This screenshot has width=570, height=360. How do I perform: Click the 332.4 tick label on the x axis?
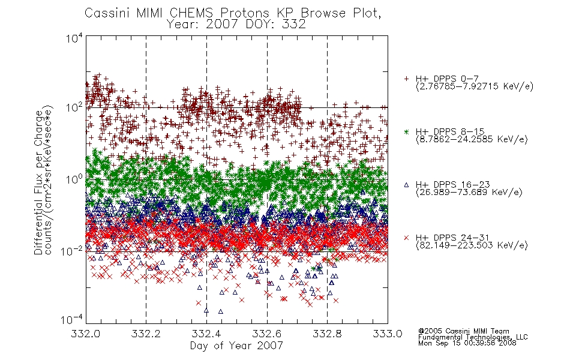pyautogui.click(x=206, y=334)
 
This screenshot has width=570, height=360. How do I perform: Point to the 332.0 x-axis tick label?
pyautogui.click(x=85, y=334)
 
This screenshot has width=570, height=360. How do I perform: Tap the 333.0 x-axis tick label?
pyautogui.click(x=388, y=334)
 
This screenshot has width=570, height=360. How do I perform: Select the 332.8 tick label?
pyautogui.click(x=327, y=334)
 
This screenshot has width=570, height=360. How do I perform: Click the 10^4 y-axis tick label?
pyautogui.click(x=74, y=38)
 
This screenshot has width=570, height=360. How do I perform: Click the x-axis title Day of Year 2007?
pyautogui.click(x=236, y=346)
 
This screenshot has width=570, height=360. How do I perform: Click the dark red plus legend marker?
pyautogui.click(x=406, y=78)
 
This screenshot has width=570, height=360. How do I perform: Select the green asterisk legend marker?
pyautogui.click(x=406, y=131)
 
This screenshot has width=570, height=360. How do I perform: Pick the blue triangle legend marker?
pyautogui.click(x=406, y=185)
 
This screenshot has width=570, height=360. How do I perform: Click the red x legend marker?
pyautogui.click(x=406, y=238)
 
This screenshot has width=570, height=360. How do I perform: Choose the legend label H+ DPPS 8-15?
pyautogui.click(x=450, y=131)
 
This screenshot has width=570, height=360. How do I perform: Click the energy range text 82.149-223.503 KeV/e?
pyautogui.click(x=472, y=245)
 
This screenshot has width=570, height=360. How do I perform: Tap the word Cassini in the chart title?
pyautogui.click(x=108, y=13)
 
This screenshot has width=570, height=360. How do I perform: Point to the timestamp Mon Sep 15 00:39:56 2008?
pyautogui.click(x=467, y=343)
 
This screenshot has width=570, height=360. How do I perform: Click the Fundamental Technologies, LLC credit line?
pyautogui.click(x=473, y=337)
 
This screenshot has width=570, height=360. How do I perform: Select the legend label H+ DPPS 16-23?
pyautogui.click(x=453, y=185)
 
